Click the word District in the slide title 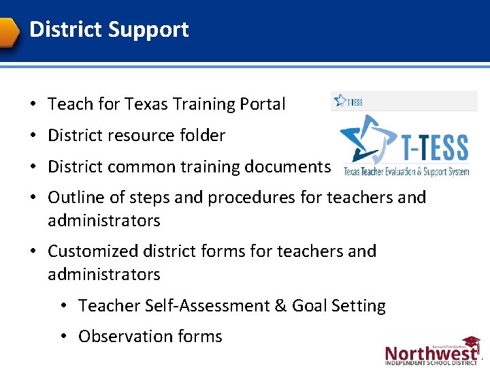(x=65, y=30)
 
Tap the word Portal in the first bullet (x=263, y=104)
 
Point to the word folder (x=200, y=136)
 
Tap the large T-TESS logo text (x=436, y=147)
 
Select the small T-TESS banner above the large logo (x=404, y=102)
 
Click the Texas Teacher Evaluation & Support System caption (x=406, y=172)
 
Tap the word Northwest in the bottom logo (x=430, y=353)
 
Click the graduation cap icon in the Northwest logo (x=472, y=343)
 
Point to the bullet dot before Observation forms (x=63, y=337)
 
